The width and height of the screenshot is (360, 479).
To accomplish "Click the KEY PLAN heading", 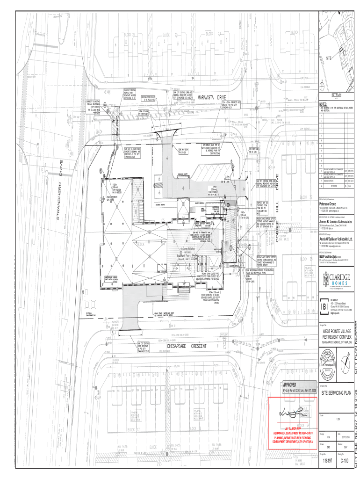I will pos(337,94).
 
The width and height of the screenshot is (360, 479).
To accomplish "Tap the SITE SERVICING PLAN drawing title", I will pos(336,392).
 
